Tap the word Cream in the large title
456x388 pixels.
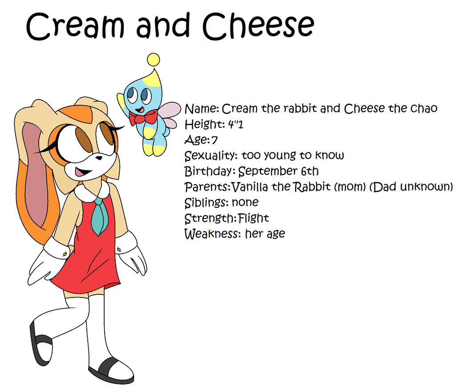(75, 27)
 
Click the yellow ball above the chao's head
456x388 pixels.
(154, 59)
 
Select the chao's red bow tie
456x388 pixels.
(143, 117)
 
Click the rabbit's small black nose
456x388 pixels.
(99, 158)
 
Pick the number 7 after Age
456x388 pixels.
(214, 140)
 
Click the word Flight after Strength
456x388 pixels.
(253, 218)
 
